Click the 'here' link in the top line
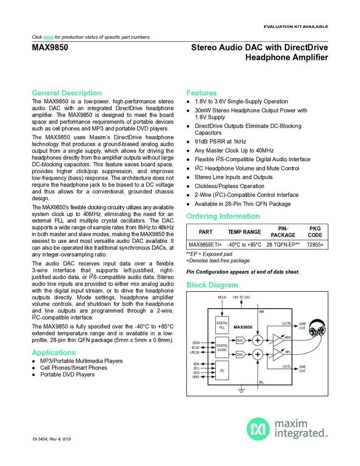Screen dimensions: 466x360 point(48,37)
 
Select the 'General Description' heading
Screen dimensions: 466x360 point(67,93)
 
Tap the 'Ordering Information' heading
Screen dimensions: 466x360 point(223,215)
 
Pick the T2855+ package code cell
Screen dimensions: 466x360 point(315,245)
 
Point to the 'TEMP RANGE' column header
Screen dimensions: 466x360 point(244,231)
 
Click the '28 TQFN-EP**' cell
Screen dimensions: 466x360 point(283,245)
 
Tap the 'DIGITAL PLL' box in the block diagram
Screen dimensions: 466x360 point(222,326)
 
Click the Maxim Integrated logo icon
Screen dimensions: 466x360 point(258,429)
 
